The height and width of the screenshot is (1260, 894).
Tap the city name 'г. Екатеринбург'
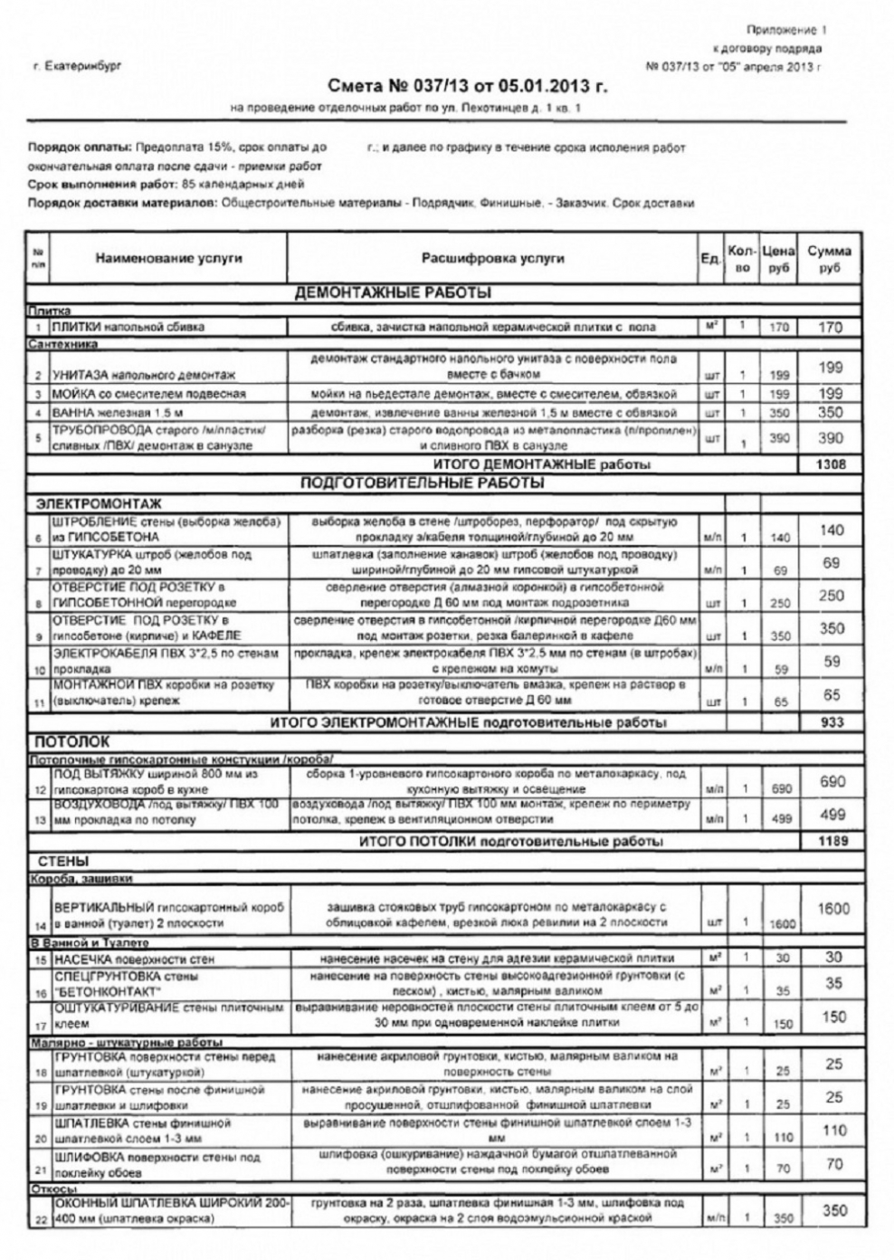[76, 66]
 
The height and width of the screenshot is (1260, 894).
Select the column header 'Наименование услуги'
[168, 258]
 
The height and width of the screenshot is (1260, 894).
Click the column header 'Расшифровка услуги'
[492, 258]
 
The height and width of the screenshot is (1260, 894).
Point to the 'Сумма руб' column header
[829, 259]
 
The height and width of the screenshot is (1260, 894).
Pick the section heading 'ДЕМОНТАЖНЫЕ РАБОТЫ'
[394, 293]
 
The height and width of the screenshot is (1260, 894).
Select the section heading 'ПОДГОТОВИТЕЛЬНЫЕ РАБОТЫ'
[421, 483]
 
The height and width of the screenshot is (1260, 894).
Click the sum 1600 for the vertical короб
[832, 909]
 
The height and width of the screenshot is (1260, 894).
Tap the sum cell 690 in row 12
[832, 782]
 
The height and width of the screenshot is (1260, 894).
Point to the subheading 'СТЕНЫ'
[62, 861]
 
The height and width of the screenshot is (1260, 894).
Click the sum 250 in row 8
[832, 596]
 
